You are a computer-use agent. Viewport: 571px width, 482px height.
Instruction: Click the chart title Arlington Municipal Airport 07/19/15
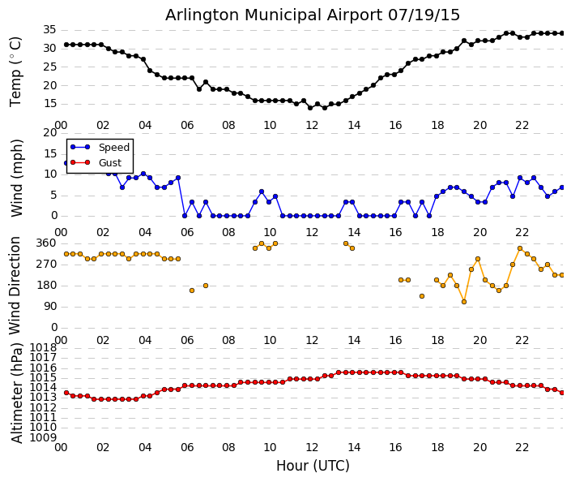point(313,15)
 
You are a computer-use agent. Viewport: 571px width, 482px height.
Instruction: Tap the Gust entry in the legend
point(109,162)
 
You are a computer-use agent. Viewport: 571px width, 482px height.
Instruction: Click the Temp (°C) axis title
point(16,71)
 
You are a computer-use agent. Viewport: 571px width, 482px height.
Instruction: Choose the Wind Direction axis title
point(16,285)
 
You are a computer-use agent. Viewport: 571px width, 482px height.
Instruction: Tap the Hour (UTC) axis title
point(313,466)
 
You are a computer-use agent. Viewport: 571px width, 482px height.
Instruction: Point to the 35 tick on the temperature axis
point(49,29)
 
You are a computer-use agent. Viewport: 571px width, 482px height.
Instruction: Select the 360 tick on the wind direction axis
point(45,243)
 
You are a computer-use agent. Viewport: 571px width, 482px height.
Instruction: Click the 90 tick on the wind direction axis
point(49,306)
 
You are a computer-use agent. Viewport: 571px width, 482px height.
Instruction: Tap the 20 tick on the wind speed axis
point(49,132)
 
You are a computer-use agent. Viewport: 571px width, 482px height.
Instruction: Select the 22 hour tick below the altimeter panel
point(522,447)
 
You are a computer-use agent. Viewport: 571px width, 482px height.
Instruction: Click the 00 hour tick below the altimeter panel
point(61,447)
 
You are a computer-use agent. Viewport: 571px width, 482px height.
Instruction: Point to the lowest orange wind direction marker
point(464,302)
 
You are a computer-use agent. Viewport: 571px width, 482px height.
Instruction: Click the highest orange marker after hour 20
point(520,248)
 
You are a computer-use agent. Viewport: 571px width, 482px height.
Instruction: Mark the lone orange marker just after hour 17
point(422,296)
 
